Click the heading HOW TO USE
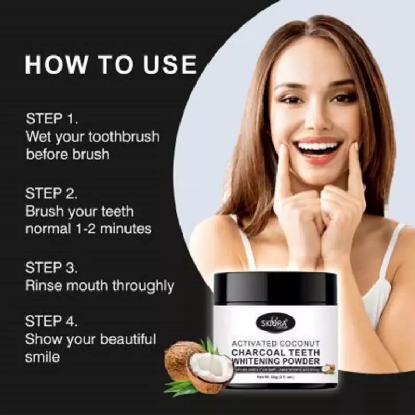click(x=111, y=65)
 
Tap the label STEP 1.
click(x=52, y=120)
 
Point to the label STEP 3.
click(x=52, y=268)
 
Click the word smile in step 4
click(x=43, y=357)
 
